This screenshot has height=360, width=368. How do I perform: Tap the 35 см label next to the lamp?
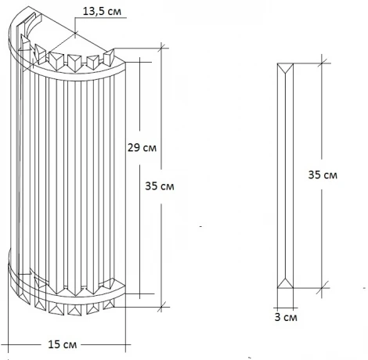161,187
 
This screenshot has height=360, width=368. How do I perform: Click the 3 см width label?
287,319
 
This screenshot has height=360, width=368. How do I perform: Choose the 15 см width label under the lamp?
63,344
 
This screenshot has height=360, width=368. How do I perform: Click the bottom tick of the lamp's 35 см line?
163,304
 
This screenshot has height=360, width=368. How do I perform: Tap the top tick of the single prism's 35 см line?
323,60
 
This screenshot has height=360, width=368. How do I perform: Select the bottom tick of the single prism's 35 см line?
323,283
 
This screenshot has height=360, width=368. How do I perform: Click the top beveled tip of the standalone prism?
287,66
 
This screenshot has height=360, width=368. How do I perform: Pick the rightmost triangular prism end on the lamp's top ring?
110,55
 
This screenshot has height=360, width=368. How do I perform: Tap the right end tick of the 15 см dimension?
127,344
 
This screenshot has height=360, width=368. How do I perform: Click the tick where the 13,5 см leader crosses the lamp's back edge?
74,33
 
